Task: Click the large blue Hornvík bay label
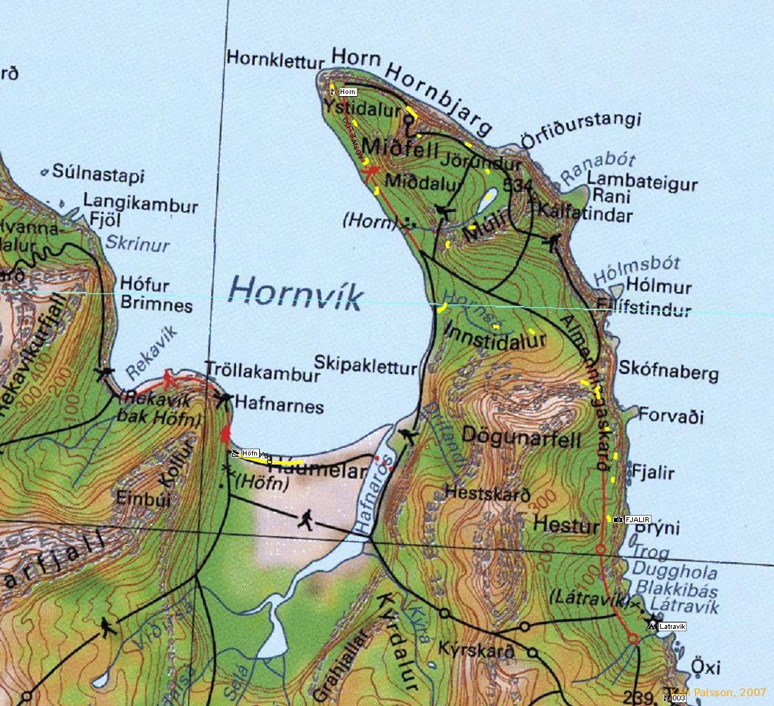[x=296, y=293]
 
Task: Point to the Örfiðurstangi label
[x=581, y=130]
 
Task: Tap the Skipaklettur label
[x=365, y=365]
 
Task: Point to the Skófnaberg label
[x=668, y=372]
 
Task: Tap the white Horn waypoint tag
[x=347, y=92]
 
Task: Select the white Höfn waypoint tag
[x=251, y=454]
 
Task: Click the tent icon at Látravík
[x=651, y=625]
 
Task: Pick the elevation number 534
[x=519, y=185]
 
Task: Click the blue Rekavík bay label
[x=152, y=352]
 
